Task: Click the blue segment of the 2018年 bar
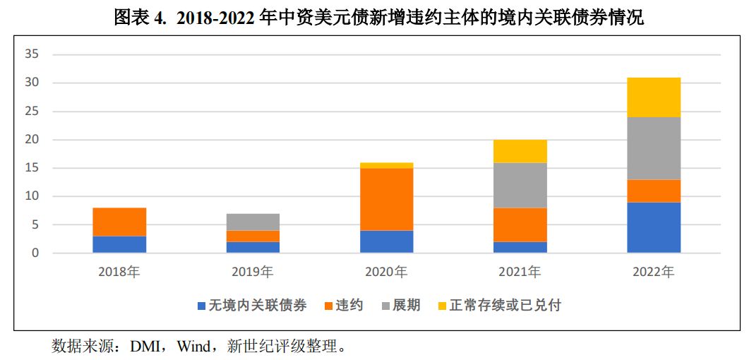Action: (x=119, y=244)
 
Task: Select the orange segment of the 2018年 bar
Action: (x=119, y=222)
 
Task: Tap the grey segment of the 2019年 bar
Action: (x=253, y=222)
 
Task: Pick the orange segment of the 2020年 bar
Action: (x=386, y=199)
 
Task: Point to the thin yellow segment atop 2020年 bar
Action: (x=386, y=165)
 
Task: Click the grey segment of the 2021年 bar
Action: (x=520, y=185)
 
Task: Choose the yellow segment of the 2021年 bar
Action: (x=520, y=151)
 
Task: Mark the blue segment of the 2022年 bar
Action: (x=653, y=227)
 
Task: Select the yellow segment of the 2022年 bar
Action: (x=653, y=97)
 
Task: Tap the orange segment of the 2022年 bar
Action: (x=653, y=191)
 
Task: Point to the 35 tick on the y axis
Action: (x=31, y=54)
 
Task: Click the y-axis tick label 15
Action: (x=31, y=168)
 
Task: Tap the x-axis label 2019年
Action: (x=253, y=272)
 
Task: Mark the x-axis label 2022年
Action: (x=653, y=272)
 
